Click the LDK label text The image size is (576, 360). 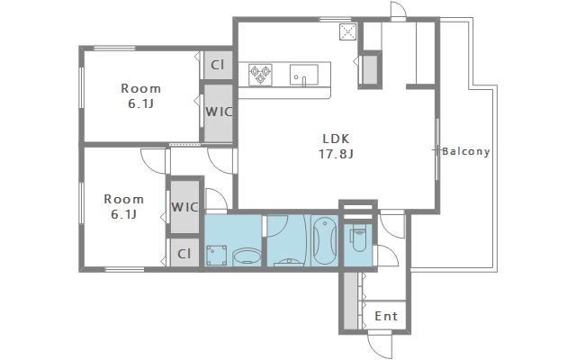coord(336,139)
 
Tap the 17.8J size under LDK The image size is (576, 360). coord(336,154)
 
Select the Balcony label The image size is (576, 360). coord(466,151)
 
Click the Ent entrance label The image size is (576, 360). coord(386,316)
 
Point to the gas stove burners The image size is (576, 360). coord(260,75)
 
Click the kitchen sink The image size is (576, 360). coord(304,76)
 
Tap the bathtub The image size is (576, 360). coord(324,240)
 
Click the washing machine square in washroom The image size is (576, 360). coord(216,256)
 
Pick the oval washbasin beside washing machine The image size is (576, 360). coord(247,256)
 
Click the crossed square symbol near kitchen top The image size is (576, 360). coord(348,31)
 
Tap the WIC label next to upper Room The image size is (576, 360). coord(219,112)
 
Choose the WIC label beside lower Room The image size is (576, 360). coord(184,207)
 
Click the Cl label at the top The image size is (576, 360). coord(218,65)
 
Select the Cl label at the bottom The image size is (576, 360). coord(184,254)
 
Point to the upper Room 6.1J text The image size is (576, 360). coord(141,96)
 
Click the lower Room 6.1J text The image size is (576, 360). coord(124,206)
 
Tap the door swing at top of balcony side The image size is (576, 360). coord(398,10)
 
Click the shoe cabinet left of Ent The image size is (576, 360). coord(351,301)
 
